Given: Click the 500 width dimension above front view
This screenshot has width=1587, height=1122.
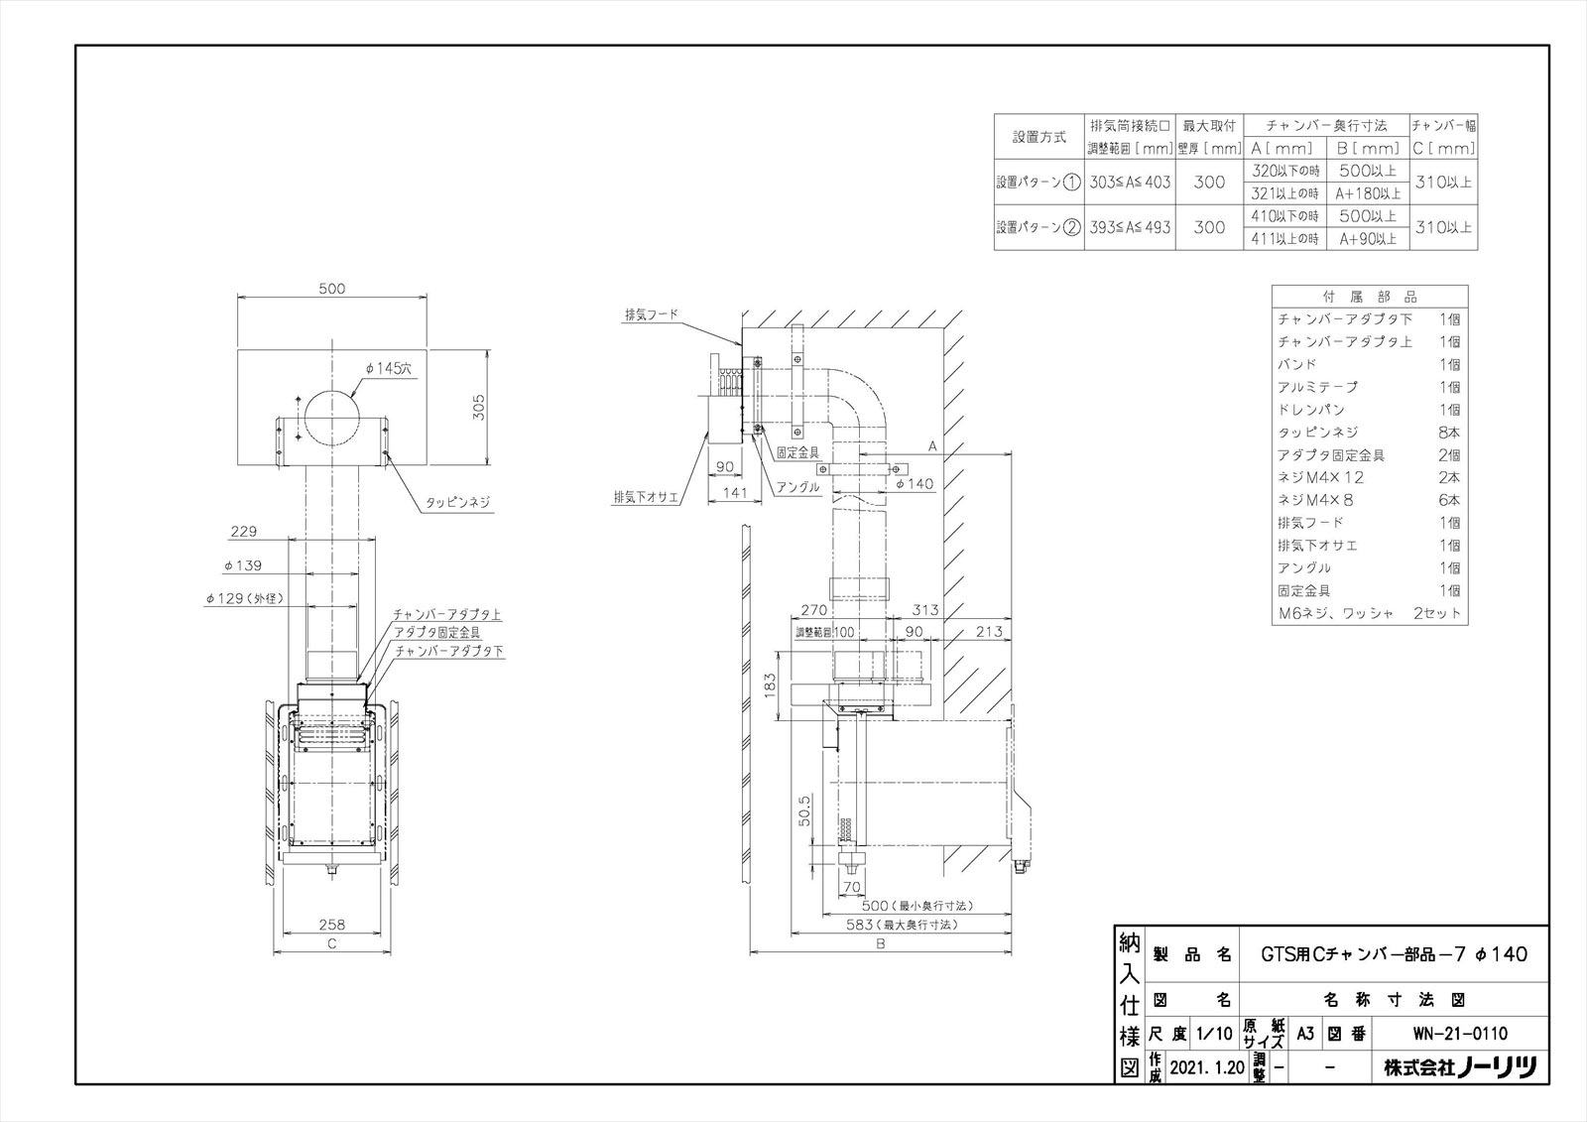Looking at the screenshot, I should tap(332, 289).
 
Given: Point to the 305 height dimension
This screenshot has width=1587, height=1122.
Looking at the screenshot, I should tap(478, 407).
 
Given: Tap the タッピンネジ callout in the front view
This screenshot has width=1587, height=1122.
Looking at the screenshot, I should tap(457, 503).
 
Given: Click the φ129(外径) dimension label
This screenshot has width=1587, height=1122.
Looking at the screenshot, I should tap(244, 599).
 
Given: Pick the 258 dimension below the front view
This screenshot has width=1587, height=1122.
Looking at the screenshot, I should tap(332, 924).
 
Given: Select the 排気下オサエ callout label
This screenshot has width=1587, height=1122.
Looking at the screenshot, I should tap(646, 497).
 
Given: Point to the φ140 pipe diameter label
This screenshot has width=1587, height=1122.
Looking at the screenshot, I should tap(914, 484).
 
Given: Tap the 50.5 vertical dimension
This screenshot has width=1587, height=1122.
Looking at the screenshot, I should tap(805, 810).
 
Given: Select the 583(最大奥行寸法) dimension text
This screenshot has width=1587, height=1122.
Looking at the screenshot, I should tap(901, 925).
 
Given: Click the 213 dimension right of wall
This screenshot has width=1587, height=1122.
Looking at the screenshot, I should tap(988, 631).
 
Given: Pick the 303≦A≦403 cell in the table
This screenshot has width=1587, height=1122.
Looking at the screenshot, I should tap(1130, 183).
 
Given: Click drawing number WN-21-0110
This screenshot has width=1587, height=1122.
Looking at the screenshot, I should tap(1459, 1034).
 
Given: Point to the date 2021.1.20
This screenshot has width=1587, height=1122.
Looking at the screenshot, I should tap(1206, 1068).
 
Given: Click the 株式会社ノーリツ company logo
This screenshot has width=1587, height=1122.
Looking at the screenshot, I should tap(1460, 1067).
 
